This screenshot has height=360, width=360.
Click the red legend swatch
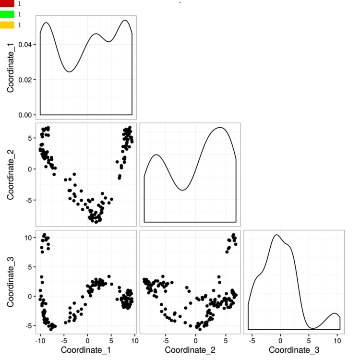[x=7, y=3]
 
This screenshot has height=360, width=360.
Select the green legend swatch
[x=7, y=14]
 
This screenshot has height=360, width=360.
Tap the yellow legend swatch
[x=7, y=25]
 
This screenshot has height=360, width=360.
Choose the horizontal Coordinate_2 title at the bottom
[x=190, y=350]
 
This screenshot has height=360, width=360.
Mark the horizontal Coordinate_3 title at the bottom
[x=294, y=350]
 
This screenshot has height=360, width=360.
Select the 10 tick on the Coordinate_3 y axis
[x=28, y=238]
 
